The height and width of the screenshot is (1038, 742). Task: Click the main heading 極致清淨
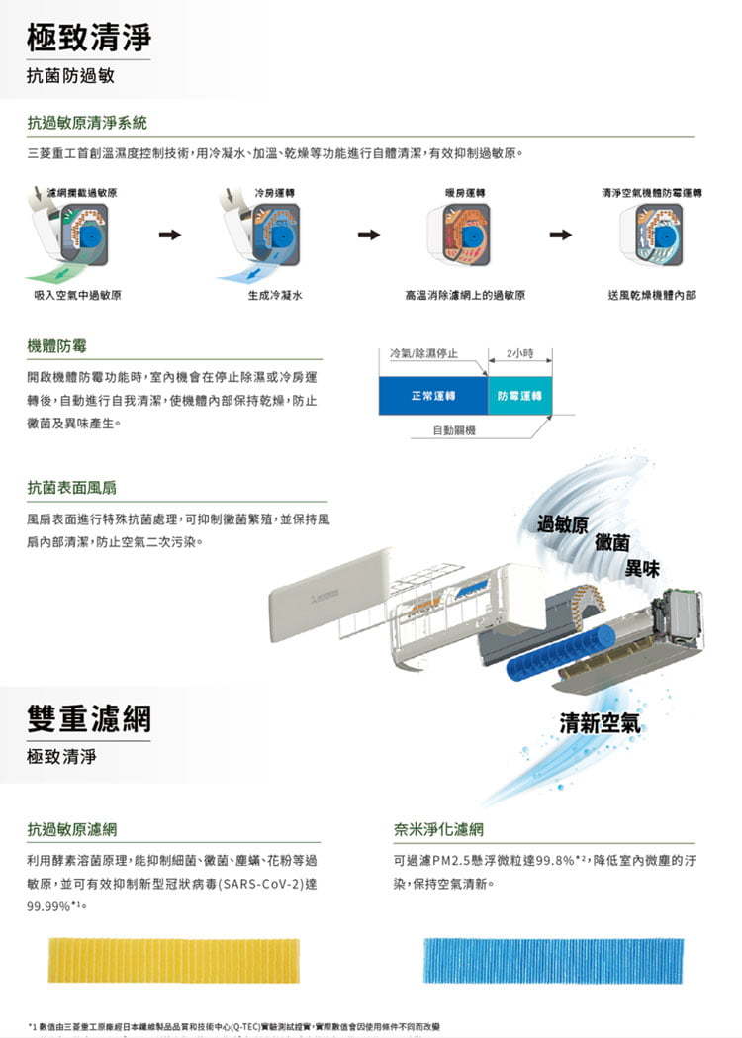tap(89, 38)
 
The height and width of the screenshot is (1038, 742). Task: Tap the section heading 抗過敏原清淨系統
tap(87, 123)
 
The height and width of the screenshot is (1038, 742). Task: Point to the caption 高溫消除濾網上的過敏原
tap(465, 295)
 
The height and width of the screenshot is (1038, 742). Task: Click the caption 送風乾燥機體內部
tap(651, 295)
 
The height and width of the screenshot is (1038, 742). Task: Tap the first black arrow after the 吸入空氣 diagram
tap(170, 236)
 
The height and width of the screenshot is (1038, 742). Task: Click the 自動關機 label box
tap(455, 430)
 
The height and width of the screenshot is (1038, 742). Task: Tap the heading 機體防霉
tap(56, 345)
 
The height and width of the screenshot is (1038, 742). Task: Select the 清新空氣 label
tap(600, 723)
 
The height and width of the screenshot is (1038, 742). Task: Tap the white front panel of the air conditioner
tap(331, 594)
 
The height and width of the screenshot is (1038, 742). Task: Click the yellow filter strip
tap(173, 960)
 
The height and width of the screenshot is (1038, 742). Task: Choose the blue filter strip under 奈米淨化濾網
tap(553, 960)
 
